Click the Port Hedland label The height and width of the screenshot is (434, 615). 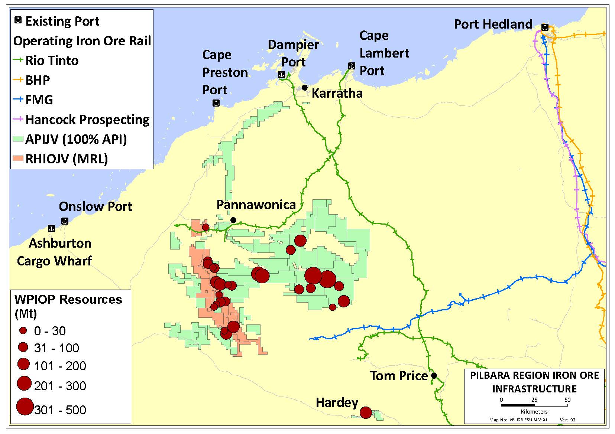pos(493,25)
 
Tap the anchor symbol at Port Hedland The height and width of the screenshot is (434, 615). pos(545,27)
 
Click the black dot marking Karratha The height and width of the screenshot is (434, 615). pos(305,88)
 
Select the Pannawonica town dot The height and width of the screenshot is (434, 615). pos(233,220)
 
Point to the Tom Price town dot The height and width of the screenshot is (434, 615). pos(434,376)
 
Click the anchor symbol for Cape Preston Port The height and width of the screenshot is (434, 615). pos(216,103)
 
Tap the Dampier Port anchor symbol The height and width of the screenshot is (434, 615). pos(282,74)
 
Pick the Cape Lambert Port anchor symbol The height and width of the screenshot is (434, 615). pos(352,66)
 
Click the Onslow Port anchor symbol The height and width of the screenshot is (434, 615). pos(65,221)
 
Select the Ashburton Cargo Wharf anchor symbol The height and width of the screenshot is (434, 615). pos(52,228)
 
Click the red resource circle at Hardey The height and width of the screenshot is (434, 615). pos(366,412)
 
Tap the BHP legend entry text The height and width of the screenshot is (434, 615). pos(38,80)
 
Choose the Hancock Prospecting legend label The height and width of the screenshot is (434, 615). pos(87,120)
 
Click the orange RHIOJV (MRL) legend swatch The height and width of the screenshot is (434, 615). pos(18,159)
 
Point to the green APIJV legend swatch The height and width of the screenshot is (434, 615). pos(18,139)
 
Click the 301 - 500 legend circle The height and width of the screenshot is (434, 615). pos(25,406)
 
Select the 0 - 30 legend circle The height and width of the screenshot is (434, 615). pos(23,330)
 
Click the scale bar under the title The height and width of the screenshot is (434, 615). pos(534,405)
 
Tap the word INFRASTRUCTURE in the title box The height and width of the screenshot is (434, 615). pos(534,389)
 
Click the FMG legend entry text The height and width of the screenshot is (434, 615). pos(39,100)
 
